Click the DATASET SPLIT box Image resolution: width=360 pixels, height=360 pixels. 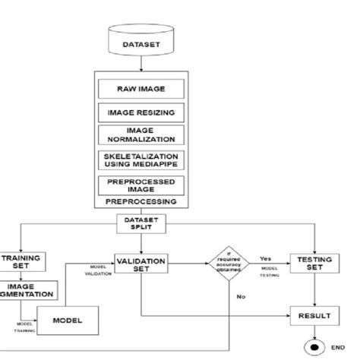pyautogui.click(x=141, y=223)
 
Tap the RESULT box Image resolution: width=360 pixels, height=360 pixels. pyautogui.click(x=313, y=313)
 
